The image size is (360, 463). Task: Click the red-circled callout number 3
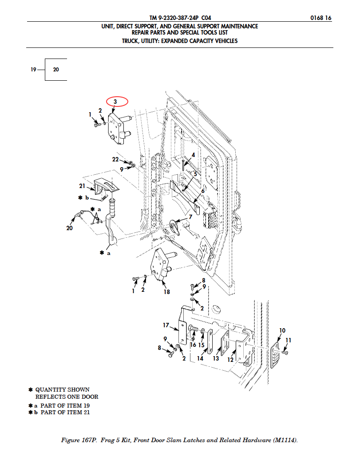115,102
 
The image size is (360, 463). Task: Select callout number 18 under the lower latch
167,292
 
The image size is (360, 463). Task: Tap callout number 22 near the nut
115,159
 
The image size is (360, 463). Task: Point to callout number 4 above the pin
193,155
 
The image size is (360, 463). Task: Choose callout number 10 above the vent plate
282,330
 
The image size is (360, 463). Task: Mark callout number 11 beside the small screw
289,340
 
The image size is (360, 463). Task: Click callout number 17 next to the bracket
166,325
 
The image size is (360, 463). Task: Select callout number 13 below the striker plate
216,358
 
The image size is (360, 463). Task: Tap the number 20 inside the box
56,70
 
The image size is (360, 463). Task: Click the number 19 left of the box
33,70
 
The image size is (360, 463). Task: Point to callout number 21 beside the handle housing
82,186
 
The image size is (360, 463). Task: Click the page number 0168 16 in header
321,18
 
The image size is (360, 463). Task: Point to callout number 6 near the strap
203,191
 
